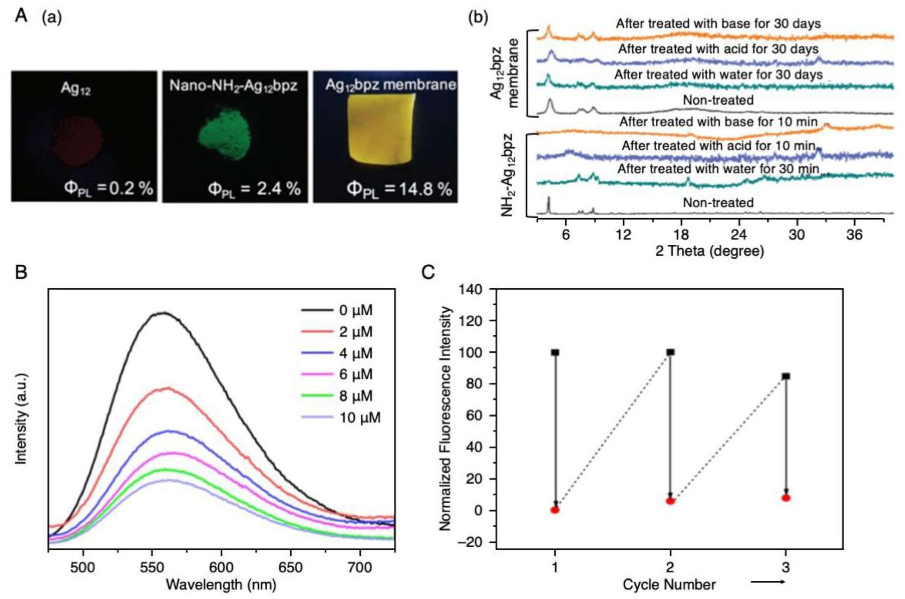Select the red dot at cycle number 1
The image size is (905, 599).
(x=555, y=510)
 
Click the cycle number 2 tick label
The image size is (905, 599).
(x=670, y=567)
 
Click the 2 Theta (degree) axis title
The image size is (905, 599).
(x=709, y=251)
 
